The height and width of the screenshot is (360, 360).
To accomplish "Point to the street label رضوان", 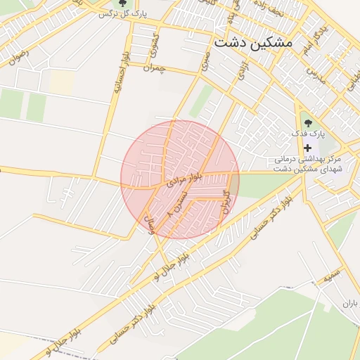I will pos(17,57).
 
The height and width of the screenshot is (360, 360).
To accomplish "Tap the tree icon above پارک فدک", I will pos(307,118).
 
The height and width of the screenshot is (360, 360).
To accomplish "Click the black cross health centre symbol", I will pos(307,147).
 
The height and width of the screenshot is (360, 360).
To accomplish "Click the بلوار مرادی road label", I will pos(187,179).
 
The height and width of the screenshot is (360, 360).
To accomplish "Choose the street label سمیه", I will pos(332,273).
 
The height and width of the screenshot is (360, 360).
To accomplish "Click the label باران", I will pos(350,303).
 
